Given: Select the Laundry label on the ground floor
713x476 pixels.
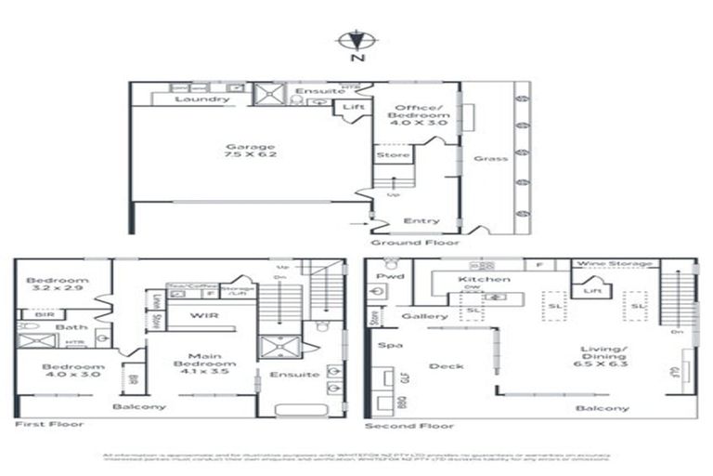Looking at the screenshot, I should click(x=201, y=99).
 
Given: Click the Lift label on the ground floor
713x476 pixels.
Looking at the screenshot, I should click(x=353, y=108).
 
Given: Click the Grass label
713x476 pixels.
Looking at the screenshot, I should click(x=490, y=158).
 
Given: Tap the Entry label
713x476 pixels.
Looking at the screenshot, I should click(x=421, y=220).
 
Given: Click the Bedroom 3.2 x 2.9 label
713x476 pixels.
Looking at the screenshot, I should click(x=58, y=285).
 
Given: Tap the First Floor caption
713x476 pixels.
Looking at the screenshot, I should click(x=49, y=424).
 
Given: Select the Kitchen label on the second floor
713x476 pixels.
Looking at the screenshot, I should click(x=484, y=279).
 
